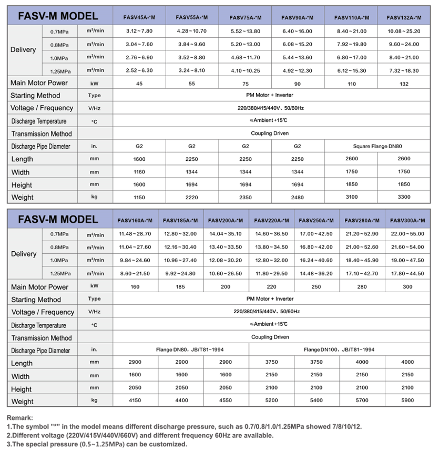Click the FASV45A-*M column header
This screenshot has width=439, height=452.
pyautogui.click(x=139, y=17)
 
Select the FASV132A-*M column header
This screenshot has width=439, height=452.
pyautogui.click(x=404, y=17)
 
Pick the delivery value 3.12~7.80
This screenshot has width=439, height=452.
pyautogui.click(x=139, y=32)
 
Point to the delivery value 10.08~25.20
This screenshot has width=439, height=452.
pyautogui.click(x=404, y=32)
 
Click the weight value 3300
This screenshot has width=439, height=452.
pyautogui.click(x=404, y=197)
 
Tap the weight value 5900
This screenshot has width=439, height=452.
pyautogui.click(x=407, y=401)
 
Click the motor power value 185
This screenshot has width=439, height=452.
pyautogui.click(x=181, y=287)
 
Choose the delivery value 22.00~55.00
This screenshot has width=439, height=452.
pyautogui.click(x=407, y=234)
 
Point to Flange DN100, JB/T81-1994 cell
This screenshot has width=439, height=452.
pyautogui.click(x=339, y=350)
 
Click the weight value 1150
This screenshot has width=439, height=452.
pyautogui.click(x=139, y=197)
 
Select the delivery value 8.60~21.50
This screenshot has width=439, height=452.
pyautogui.click(x=136, y=273)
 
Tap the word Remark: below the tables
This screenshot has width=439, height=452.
pyautogui.click(x=20, y=418)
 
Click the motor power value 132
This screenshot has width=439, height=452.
pyautogui.click(x=404, y=83)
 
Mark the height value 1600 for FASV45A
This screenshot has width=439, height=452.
pyautogui.click(x=139, y=184)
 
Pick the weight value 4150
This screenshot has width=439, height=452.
pyautogui.click(x=136, y=401)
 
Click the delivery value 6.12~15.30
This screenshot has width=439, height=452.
pyautogui.click(x=351, y=70)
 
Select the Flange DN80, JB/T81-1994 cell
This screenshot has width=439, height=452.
pyautogui.click(x=181, y=350)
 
